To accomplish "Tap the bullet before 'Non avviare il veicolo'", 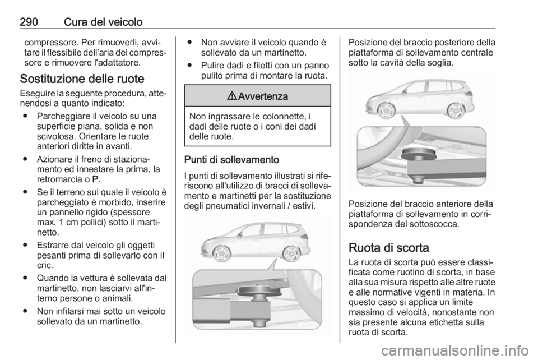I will (190, 41).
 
